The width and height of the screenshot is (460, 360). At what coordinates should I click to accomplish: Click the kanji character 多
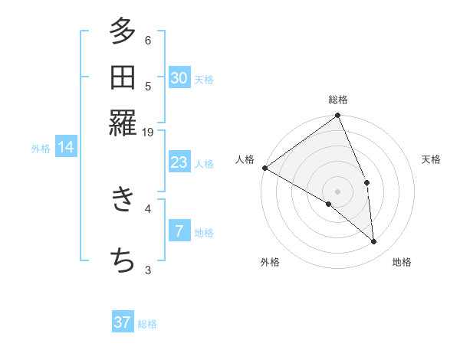pos(123,31)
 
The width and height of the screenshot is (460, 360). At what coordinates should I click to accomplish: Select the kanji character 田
pos(123,77)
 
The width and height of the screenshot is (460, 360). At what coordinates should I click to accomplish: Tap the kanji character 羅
pos(123,123)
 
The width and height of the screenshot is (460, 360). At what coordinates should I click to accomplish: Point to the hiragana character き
pos(123,200)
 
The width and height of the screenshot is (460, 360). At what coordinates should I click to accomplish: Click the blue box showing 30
pos(179,78)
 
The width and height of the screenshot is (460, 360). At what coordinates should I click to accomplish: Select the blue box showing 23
pos(179,162)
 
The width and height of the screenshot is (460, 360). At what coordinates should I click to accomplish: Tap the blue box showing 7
pos(179,231)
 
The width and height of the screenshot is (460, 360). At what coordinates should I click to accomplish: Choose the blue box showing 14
pos(66,148)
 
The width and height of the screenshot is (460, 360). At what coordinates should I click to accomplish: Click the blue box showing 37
pos(123,322)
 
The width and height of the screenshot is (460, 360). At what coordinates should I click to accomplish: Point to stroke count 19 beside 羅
pos(148,133)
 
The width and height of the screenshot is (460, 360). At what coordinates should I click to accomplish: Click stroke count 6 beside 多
pos(148,41)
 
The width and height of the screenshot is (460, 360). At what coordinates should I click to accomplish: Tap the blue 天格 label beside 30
pos(204,79)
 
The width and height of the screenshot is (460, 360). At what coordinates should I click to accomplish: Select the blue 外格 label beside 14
pos(41,149)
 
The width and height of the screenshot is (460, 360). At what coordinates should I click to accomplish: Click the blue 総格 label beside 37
pos(147,324)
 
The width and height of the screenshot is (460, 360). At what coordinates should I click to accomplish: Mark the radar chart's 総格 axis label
pos(337,100)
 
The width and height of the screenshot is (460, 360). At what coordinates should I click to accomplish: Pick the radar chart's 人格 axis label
pos(245,159)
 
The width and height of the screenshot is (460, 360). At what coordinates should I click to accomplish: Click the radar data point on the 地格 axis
pos(374,241)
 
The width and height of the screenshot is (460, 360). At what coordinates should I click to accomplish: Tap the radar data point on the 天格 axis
pos(366,182)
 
